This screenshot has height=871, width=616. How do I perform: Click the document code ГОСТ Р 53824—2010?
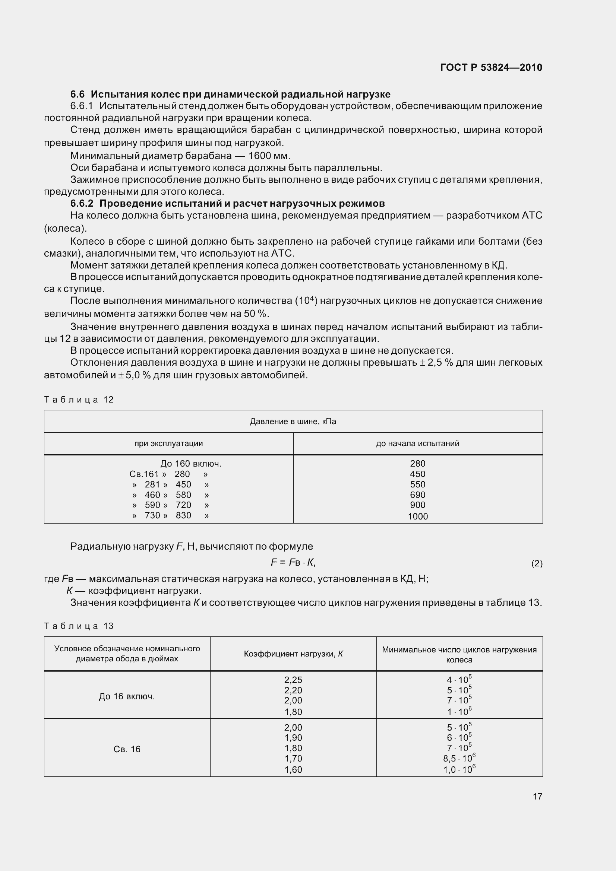[491, 67]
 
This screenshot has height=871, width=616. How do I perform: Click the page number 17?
[537, 796]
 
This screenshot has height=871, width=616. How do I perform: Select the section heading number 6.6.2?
[82, 204]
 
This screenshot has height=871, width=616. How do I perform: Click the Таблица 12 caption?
[79, 400]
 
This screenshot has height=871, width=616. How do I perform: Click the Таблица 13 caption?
[79, 626]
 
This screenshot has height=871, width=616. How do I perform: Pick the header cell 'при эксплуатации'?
[168, 444]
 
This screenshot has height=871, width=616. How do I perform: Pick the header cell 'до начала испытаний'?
[417, 444]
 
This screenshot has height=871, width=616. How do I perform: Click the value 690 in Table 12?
[417, 495]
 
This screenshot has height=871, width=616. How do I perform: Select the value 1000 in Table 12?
[417, 516]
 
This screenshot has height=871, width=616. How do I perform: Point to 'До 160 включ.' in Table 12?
[191, 464]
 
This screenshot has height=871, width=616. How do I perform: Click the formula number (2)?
[537, 564]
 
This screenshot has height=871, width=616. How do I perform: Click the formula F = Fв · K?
[293, 562]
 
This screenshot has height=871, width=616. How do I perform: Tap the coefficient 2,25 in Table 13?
[293, 680]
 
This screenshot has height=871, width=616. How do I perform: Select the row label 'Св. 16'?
[127, 749]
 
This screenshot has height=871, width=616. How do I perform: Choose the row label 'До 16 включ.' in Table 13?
[127, 696]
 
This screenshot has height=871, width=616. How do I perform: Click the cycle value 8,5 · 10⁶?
[459, 758]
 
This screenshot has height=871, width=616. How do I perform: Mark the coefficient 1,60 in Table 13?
[293, 770]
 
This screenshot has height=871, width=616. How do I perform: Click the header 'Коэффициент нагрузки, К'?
[293, 654]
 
